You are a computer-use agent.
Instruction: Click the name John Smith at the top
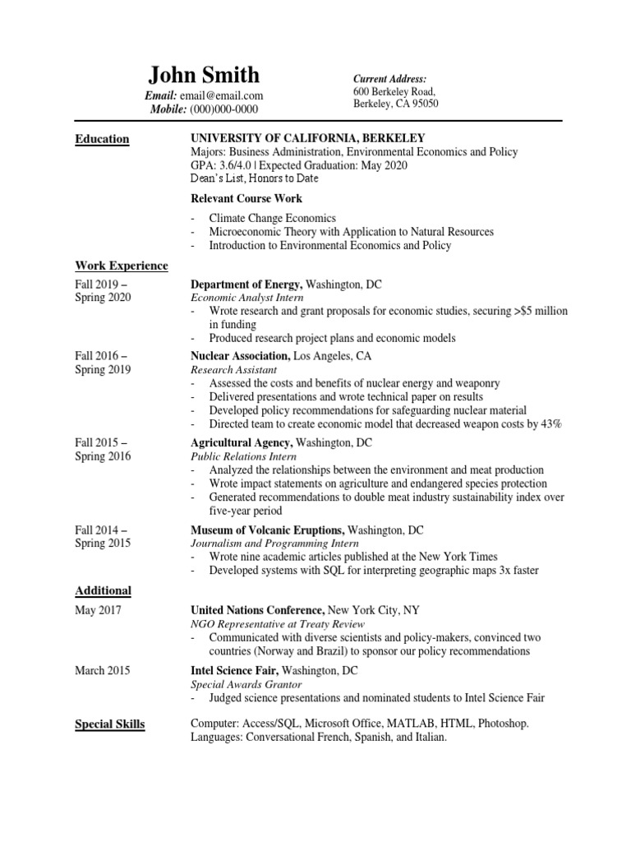(x=204, y=76)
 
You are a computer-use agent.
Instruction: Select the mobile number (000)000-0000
(x=224, y=109)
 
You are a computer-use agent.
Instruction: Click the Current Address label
(x=390, y=78)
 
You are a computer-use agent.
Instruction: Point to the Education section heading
(x=102, y=139)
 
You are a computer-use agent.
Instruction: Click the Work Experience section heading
(x=122, y=266)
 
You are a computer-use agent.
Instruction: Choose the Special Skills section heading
(x=110, y=724)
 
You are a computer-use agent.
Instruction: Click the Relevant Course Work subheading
(x=246, y=198)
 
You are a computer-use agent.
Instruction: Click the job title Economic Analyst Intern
(x=247, y=298)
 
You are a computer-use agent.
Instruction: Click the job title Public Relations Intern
(x=244, y=456)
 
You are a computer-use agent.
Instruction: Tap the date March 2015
(x=102, y=670)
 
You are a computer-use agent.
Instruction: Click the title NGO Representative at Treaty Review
(x=266, y=624)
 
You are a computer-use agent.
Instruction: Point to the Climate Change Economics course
(x=273, y=219)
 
